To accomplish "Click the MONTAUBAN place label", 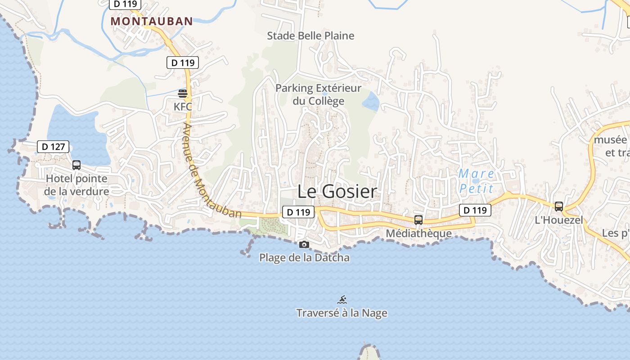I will [152, 21].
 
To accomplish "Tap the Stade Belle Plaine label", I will [310, 36].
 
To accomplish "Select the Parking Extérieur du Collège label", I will [318, 94].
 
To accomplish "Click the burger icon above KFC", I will [183, 94].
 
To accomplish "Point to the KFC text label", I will [183, 107].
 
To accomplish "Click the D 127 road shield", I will [53, 146].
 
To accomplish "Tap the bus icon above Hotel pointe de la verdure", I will [76, 165].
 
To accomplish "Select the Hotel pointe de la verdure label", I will [77, 185].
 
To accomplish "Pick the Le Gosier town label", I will [337, 192].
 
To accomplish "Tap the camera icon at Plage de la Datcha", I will [304, 244].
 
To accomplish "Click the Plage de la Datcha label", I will [304, 257].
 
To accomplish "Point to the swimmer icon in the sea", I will [342, 300].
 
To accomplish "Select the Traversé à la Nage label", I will [342, 313].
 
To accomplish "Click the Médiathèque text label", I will [418, 233].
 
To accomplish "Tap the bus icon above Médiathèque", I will [418, 220].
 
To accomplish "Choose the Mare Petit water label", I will [477, 181].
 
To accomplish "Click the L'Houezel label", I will [558, 220].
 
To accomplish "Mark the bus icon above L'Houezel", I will [559, 207].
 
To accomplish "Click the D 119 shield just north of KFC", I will [183, 63].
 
